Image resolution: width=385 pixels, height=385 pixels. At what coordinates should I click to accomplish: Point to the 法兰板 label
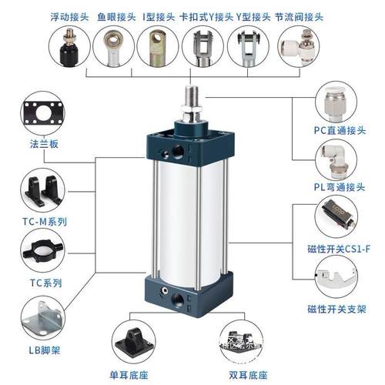click(39, 145)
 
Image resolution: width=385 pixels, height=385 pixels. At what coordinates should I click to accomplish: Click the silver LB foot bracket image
click(39, 323)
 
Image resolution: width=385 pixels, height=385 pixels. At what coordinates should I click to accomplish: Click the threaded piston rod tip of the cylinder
click(189, 99)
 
